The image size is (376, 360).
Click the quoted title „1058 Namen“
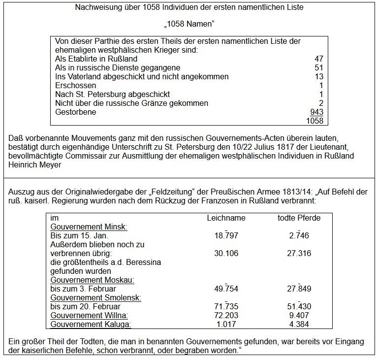point(188,24)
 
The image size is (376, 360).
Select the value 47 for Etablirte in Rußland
point(318,59)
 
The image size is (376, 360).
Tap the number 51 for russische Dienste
point(318,67)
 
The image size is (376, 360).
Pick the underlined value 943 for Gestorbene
point(316,112)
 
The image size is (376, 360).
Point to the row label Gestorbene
point(75,112)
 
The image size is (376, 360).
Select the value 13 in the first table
point(318,76)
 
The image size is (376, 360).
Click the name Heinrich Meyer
point(34,164)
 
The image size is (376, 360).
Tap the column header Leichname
point(226,218)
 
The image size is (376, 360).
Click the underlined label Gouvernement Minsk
point(89,227)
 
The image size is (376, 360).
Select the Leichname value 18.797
point(226,236)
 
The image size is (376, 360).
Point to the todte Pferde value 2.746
point(299,236)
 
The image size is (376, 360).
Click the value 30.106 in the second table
point(226,253)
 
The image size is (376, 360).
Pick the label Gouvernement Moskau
point(93,280)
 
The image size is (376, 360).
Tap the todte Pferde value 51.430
point(299,306)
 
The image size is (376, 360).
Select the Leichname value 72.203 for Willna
point(226,315)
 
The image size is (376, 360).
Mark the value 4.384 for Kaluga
point(299,324)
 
